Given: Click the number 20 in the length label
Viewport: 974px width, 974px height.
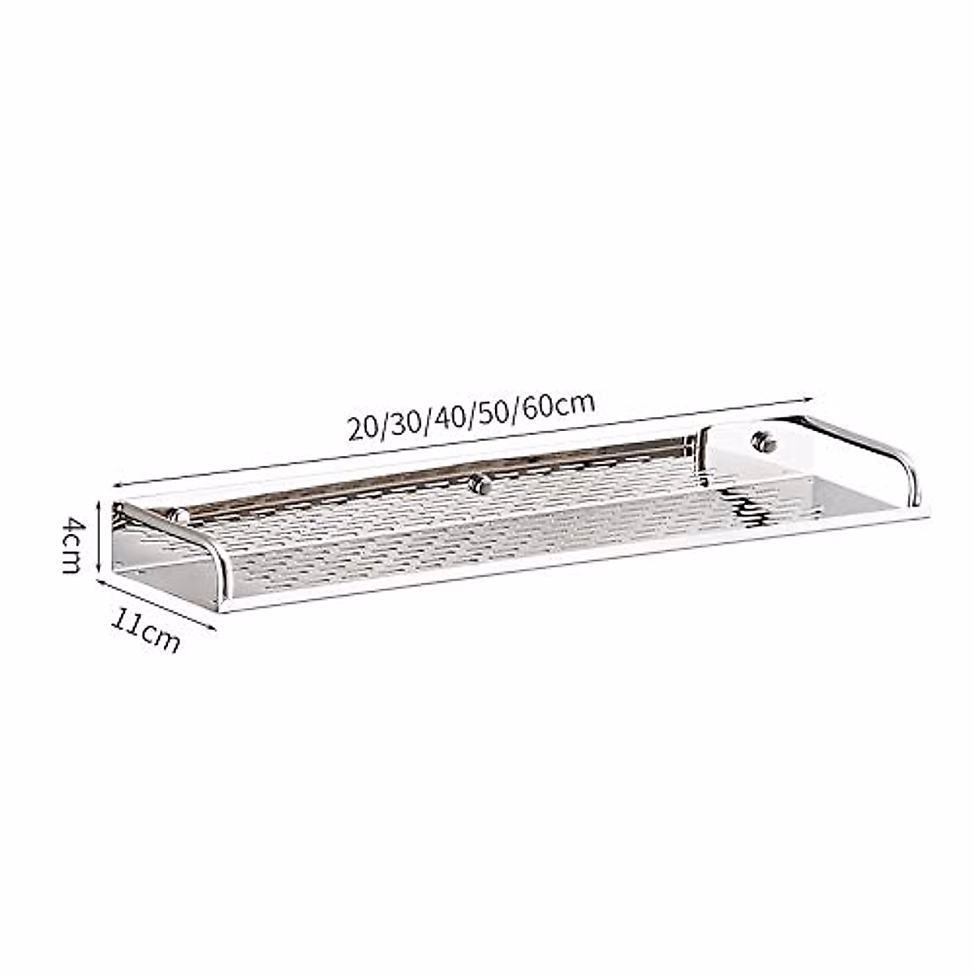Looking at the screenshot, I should [x=364, y=427].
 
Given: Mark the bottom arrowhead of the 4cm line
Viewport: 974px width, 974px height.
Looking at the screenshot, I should [x=100, y=571].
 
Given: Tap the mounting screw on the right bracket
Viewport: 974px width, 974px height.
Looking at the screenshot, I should [x=763, y=442].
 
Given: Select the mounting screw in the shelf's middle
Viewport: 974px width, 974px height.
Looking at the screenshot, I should [x=480, y=485].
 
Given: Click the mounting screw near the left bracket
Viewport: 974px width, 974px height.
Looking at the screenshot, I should [x=174, y=515].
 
